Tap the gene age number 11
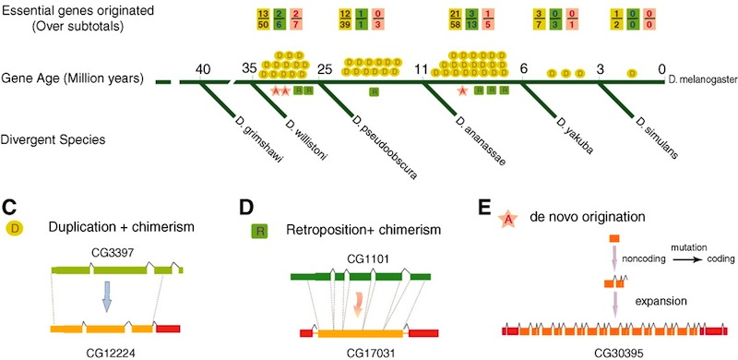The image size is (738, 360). pos(422,68)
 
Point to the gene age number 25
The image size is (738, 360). pos(324,68)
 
